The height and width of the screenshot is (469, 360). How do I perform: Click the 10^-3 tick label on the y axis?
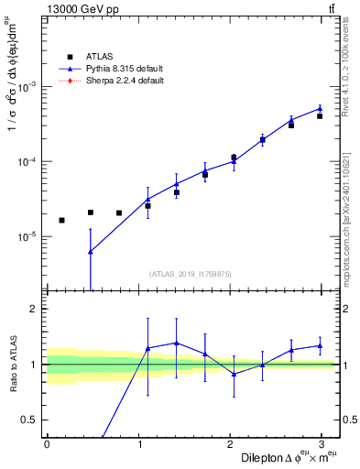tap(27, 86)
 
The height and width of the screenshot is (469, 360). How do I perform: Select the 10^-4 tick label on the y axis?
tap(27, 161)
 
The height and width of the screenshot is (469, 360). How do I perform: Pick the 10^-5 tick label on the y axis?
tap(27, 236)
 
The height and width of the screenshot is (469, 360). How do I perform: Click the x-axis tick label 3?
tap(326, 444)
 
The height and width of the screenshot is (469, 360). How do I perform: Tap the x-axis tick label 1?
tap(140, 444)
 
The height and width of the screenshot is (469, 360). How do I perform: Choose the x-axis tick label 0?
tap(47, 444)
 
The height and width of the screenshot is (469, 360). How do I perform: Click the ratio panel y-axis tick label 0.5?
tap(32, 420)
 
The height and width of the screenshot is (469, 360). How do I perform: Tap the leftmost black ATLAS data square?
tap(61, 220)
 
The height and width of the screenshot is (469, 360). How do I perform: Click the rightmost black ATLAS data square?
tap(320, 116)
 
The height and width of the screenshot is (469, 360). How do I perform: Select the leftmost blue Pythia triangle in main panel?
tap(90, 251)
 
